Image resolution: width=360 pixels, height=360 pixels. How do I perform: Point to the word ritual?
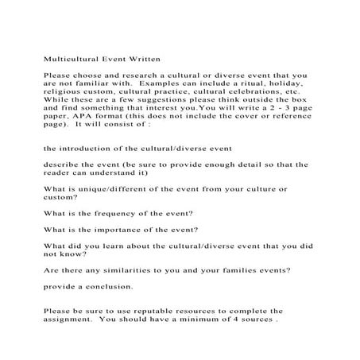point(258,81)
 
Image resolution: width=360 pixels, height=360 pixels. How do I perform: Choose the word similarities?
point(114,269)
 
